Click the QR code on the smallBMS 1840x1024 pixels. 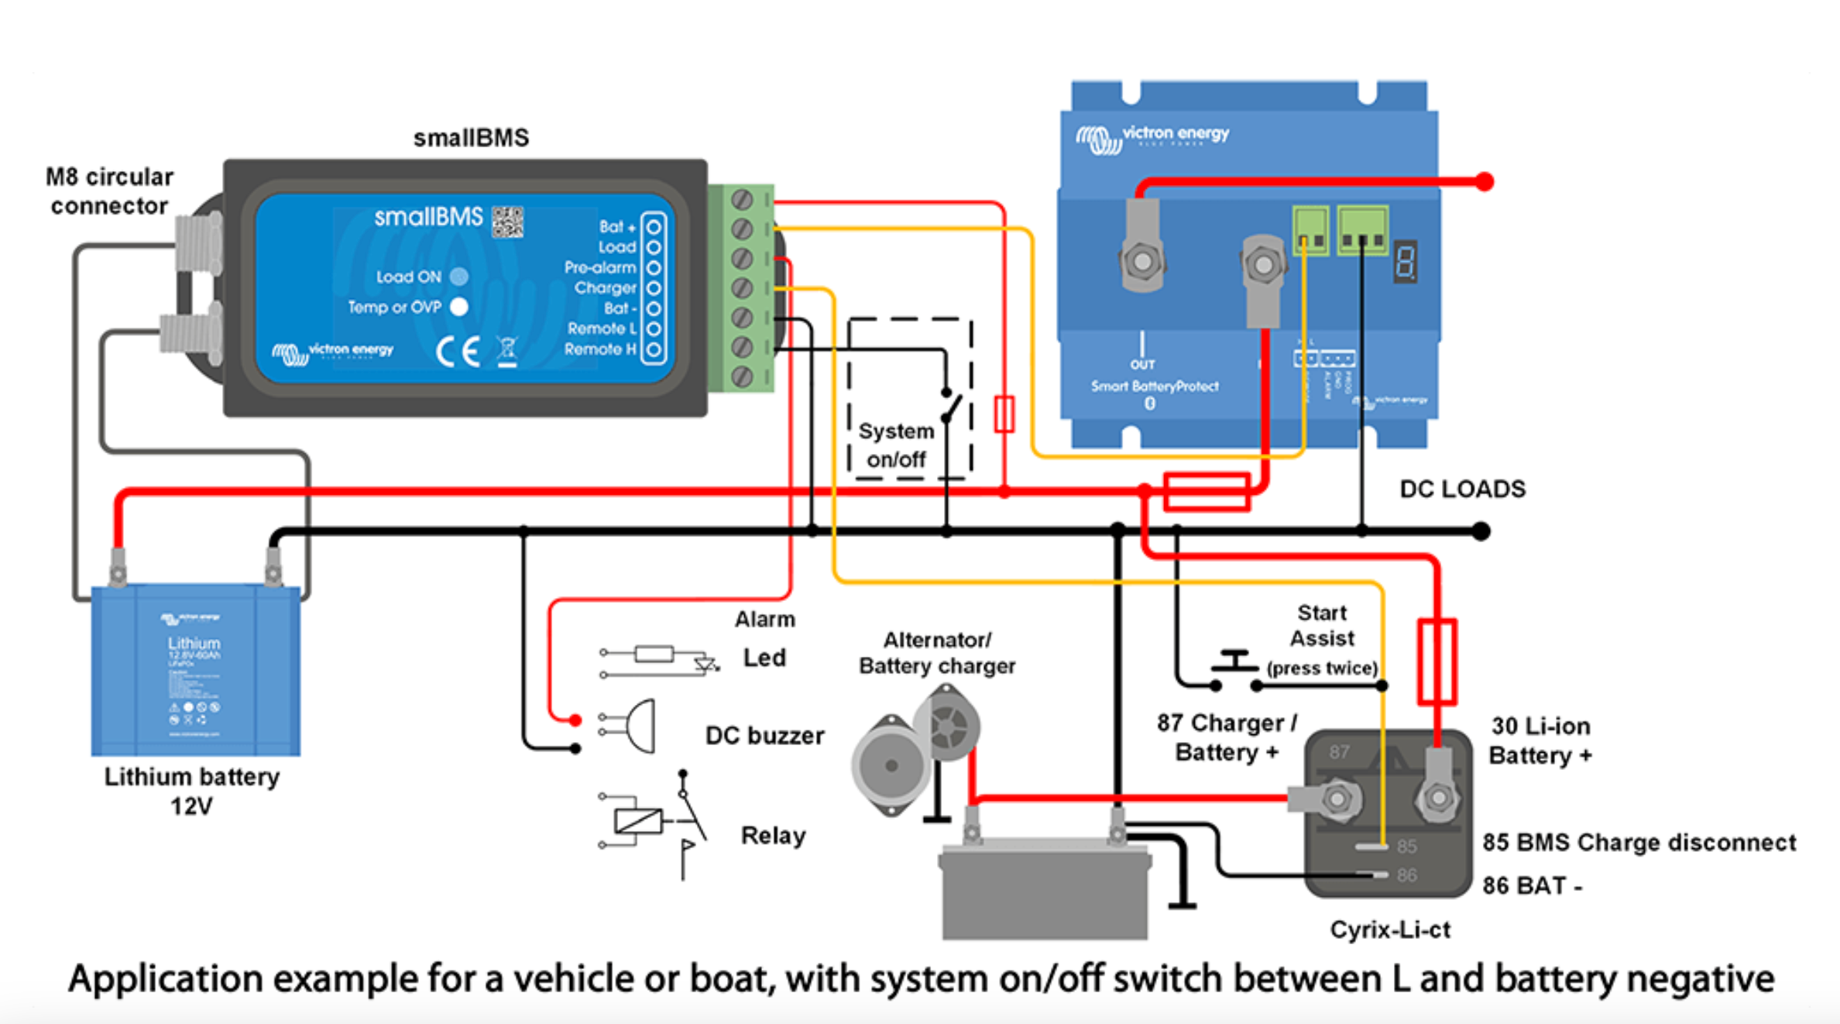pyautogui.click(x=508, y=222)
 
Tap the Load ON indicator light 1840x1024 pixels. pyautogui.click(x=459, y=277)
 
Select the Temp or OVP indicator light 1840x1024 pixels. pyautogui.click(x=459, y=308)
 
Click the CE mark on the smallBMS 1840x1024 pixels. pyautogui.click(x=458, y=352)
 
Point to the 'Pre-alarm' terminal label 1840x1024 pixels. pyautogui.click(x=600, y=268)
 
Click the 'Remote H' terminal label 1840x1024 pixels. pyautogui.click(x=600, y=349)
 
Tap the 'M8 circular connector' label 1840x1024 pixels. pyautogui.click(x=109, y=191)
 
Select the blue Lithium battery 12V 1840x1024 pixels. pyautogui.click(x=195, y=670)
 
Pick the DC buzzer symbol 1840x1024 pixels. pyautogui.click(x=639, y=726)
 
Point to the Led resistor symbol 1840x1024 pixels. pyautogui.click(x=654, y=655)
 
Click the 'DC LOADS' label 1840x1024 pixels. pyautogui.click(x=1462, y=490)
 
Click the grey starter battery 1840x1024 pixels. pyautogui.click(x=1044, y=891)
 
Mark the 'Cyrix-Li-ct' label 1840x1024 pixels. pyautogui.click(x=1390, y=930)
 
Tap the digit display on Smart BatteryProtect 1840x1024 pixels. pyautogui.click(x=1406, y=262)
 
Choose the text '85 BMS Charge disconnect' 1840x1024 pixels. pyautogui.click(x=1639, y=843)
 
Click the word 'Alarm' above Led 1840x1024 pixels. pyautogui.click(x=764, y=620)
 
